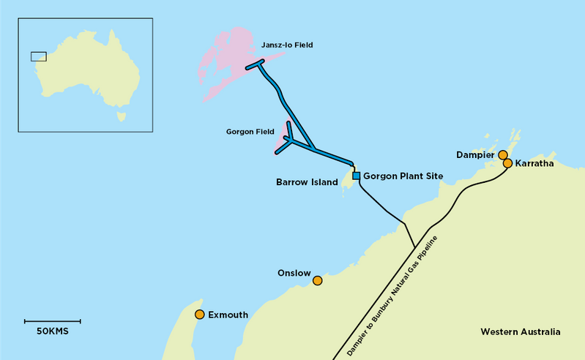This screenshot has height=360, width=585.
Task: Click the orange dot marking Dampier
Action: point(503,154)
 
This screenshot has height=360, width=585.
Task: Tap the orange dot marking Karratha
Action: point(507,163)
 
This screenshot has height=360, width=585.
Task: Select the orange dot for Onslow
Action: point(317,280)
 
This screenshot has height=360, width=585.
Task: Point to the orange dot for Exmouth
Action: point(199,315)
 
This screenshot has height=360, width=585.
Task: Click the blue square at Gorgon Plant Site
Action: point(357,176)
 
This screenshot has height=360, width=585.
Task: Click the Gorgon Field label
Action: point(250,132)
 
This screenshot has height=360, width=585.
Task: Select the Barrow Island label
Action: point(306,181)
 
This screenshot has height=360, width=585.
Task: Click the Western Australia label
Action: point(520,332)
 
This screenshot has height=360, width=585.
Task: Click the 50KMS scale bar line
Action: point(52,320)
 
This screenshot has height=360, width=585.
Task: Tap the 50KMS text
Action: point(52,332)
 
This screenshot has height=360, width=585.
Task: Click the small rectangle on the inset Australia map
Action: point(38,56)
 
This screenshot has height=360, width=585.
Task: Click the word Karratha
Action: point(534,164)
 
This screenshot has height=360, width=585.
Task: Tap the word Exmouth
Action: point(228,315)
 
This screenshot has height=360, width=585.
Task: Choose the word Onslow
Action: point(294,272)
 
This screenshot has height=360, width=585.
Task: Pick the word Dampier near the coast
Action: point(476,155)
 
